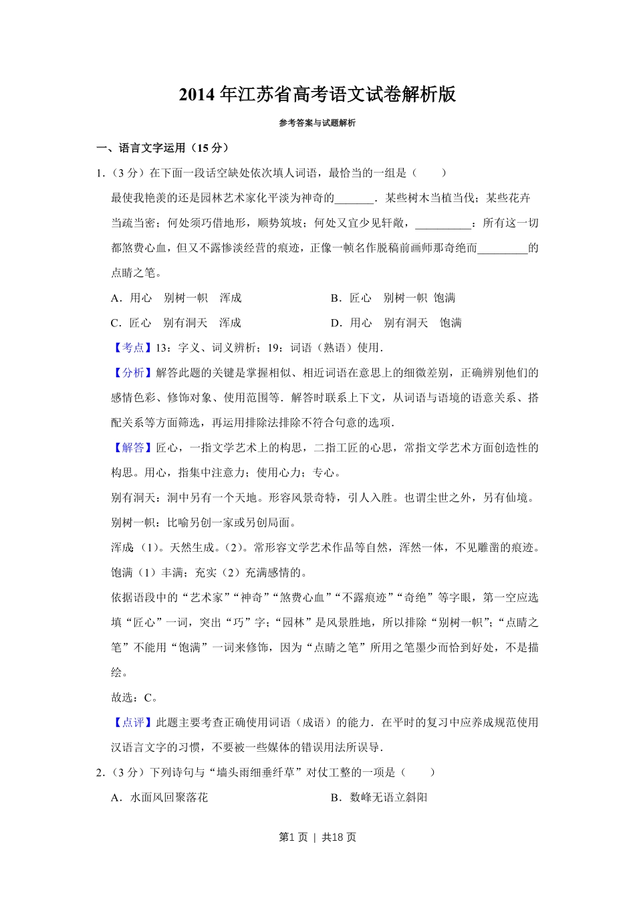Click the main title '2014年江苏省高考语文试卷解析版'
pos(317,95)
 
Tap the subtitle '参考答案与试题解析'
pos(317,123)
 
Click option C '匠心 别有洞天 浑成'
pos(176,323)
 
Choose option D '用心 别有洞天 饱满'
pos(396,323)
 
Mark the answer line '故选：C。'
pos(134,698)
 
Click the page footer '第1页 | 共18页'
pos(317,837)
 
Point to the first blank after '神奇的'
pos(354,199)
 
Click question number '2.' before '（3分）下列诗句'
pos(100,773)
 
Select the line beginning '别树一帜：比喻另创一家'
pos(203,523)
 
